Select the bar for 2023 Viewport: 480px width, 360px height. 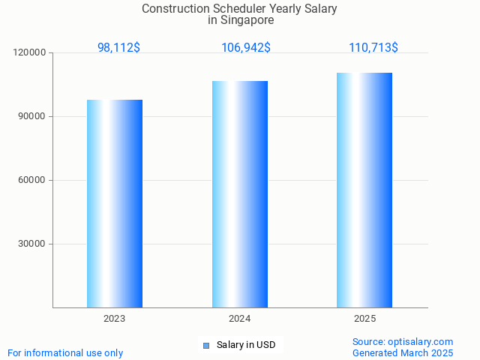(x=115, y=203)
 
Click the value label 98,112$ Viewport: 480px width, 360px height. (x=118, y=47)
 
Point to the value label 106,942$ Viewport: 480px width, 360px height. (x=246, y=47)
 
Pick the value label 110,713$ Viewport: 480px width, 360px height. (x=373, y=47)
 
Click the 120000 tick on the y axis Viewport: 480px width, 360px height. (x=30, y=52)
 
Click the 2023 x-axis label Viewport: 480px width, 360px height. (x=115, y=319)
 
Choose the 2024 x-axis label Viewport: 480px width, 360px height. (x=240, y=319)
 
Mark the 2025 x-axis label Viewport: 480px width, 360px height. (x=364, y=319)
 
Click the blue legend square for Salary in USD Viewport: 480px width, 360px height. (x=206, y=346)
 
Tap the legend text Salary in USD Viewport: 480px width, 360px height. (x=246, y=345)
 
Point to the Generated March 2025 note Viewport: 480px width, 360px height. (x=403, y=352)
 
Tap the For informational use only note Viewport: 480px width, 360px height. (x=65, y=352)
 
